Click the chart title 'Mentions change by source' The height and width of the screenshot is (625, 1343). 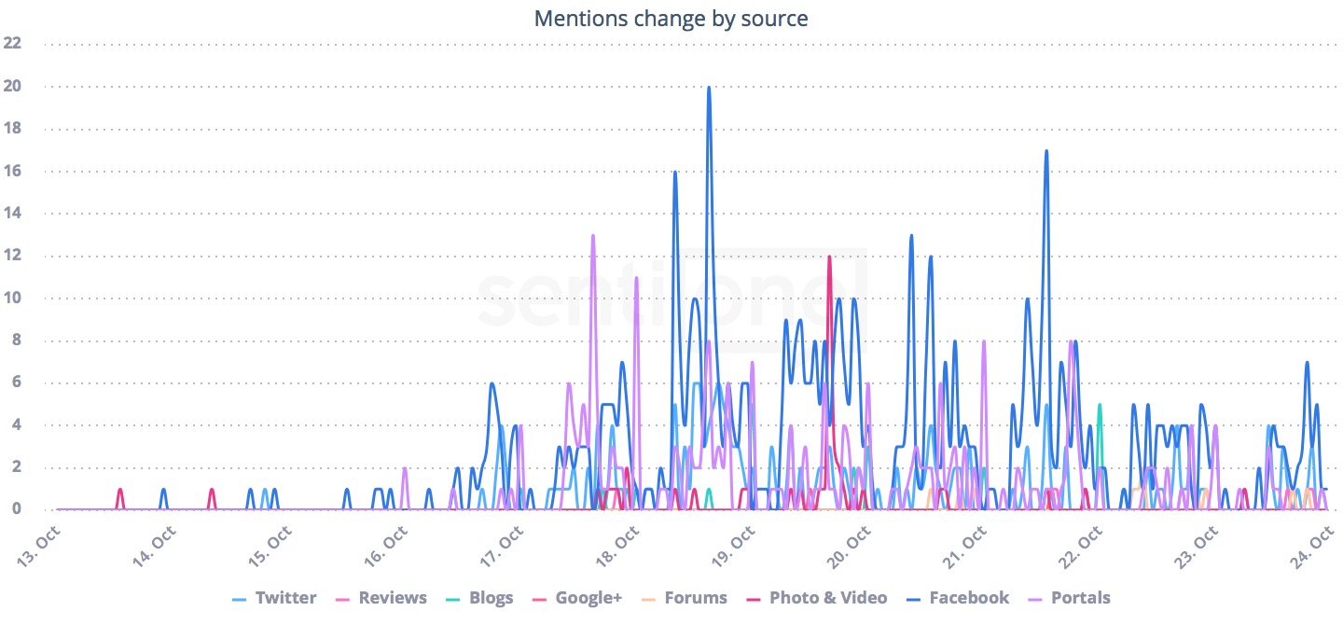click(x=671, y=19)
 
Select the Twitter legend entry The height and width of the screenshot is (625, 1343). click(x=285, y=598)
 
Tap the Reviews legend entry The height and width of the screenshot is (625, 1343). click(x=393, y=598)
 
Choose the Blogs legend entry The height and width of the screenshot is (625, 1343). click(x=491, y=598)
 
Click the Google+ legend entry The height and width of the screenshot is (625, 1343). click(x=588, y=598)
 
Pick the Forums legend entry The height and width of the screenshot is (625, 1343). click(x=696, y=598)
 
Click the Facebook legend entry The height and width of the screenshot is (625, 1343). click(x=968, y=598)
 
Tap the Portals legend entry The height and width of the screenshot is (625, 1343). click(x=1080, y=598)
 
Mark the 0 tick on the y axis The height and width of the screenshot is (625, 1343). click(x=16, y=510)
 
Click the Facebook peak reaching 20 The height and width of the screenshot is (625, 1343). click(x=709, y=88)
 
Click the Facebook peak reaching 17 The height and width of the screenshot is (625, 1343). click(x=1046, y=151)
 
